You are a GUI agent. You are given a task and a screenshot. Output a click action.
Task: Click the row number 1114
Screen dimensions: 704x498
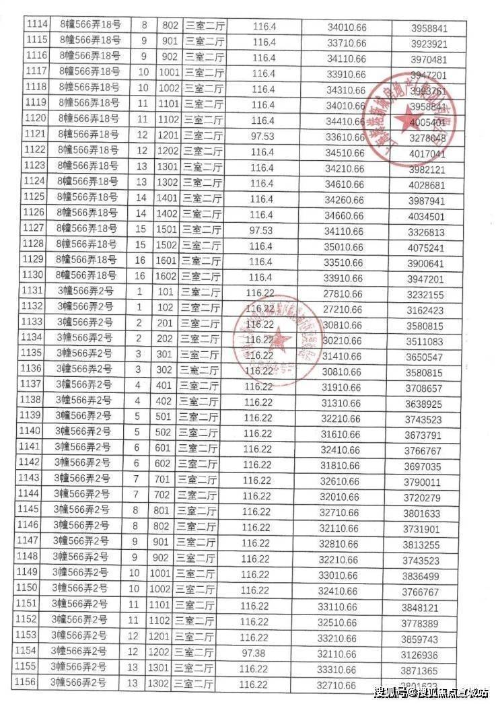[36, 26]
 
